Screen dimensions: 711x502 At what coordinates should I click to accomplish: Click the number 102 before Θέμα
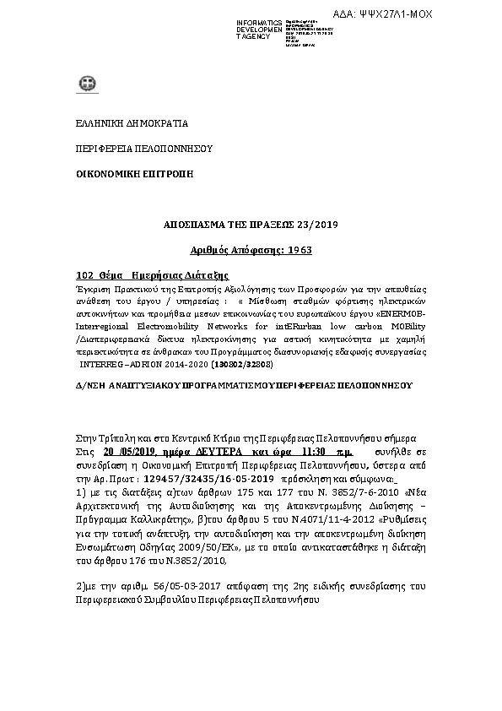tap(84, 276)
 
